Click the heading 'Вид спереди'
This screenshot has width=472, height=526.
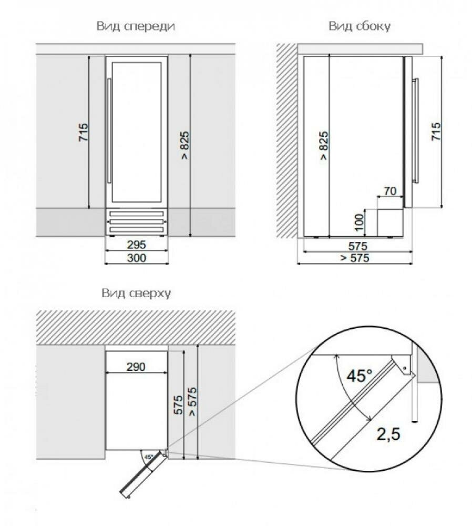point(136,26)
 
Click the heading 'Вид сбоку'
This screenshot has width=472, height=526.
point(360,26)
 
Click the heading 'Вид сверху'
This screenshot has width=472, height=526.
point(136,293)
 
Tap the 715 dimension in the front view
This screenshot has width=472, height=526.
point(84,132)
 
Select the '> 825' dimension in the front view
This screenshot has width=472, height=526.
point(184,145)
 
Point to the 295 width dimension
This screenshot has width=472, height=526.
point(137,245)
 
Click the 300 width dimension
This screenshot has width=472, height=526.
point(137,258)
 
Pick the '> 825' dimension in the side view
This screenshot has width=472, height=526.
point(323,145)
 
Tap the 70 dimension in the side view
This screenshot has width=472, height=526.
point(390,191)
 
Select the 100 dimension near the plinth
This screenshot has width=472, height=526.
point(359,222)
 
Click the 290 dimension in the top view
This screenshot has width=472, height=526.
point(136,367)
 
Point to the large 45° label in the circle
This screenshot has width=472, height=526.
point(360,376)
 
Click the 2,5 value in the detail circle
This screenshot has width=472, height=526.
point(388,434)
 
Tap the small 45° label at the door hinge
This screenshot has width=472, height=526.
point(149,457)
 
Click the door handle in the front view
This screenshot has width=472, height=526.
point(109,131)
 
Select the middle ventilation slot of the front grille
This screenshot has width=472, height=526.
point(136,221)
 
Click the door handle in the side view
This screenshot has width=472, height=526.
point(416,131)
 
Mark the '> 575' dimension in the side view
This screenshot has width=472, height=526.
point(355,258)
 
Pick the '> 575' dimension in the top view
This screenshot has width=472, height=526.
point(192,401)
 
